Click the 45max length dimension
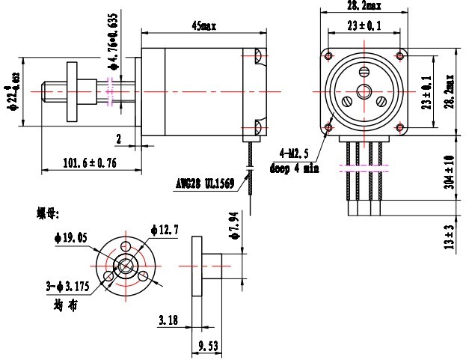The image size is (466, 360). click(203, 25)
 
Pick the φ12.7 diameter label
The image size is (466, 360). click(164, 230)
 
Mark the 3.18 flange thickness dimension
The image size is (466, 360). click(168, 321)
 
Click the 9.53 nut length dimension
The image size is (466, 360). click(207, 347)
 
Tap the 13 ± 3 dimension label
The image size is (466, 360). click(449, 236)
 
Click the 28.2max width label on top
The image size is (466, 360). click(364, 6)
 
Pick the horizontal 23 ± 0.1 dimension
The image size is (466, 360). click(364, 26)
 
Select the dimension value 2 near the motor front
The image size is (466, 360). click(118, 138)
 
